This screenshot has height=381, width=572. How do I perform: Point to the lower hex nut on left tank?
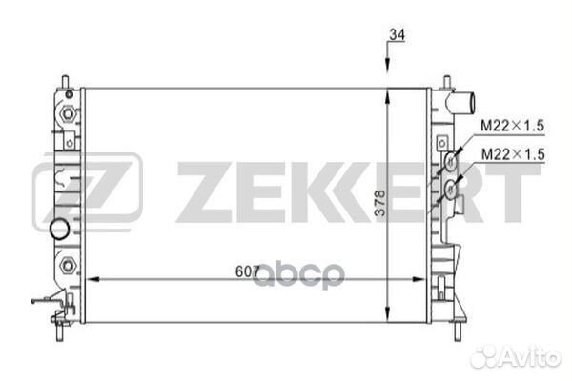[68, 264]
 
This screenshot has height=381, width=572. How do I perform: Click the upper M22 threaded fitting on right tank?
[448, 166]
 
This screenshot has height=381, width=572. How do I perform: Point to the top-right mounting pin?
[447, 79]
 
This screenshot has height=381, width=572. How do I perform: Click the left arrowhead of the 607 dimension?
[92, 279]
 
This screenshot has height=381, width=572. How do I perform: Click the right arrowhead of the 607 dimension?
[423, 279]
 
